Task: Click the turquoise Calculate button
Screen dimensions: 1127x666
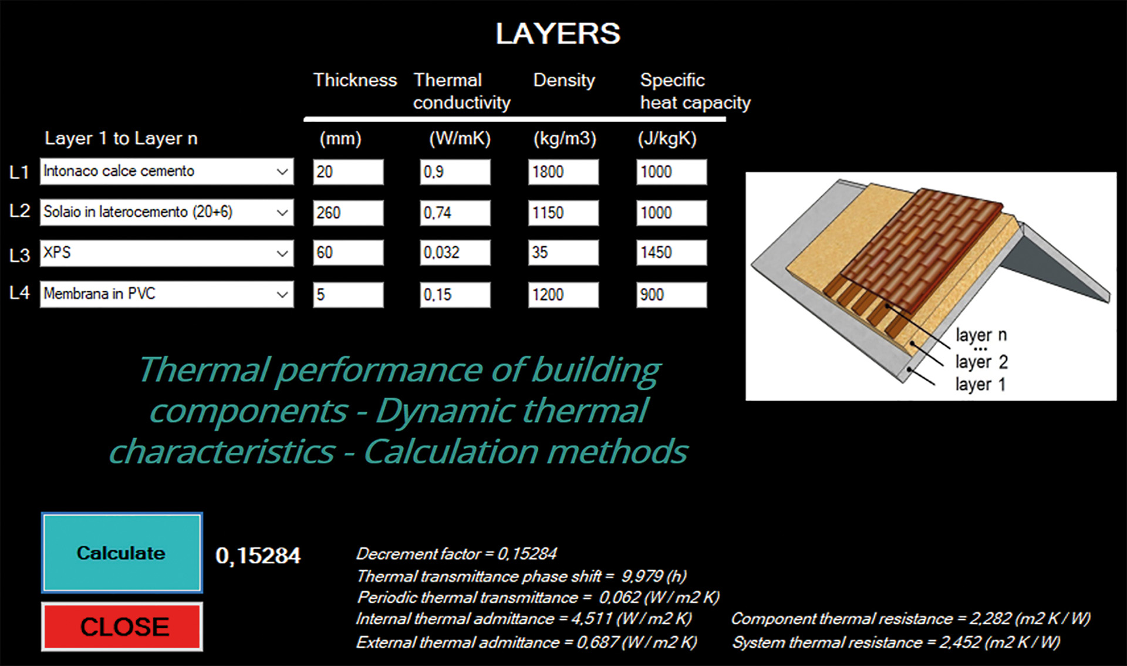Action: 122,553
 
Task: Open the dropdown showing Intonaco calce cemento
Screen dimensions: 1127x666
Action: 167,171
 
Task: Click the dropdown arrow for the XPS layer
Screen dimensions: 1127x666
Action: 282,254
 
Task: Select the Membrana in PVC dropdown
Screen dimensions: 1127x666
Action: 167,294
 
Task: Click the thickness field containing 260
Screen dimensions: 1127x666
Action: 348,213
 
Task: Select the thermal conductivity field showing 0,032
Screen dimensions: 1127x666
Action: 455,253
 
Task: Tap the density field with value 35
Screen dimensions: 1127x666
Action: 563,253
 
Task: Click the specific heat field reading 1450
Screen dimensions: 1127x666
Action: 672,253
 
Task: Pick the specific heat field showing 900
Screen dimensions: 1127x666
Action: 672,295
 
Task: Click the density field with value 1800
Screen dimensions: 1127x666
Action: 563,172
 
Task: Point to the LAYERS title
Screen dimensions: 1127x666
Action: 558,33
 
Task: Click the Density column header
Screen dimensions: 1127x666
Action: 564,80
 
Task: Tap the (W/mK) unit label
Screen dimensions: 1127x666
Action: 460,139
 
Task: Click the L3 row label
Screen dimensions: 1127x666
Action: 19,255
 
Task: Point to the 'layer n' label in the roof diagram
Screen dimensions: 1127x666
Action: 981,335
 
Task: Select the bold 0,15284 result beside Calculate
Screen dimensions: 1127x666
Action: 258,556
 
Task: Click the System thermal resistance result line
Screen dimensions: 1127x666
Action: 896,643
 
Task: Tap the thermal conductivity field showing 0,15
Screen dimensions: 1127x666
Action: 455,295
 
